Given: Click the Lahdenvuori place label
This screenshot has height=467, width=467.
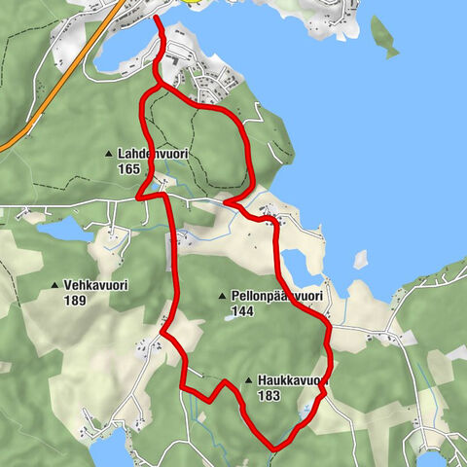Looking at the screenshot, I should point(152,155).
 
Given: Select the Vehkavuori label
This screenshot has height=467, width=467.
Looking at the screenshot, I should point(96,286).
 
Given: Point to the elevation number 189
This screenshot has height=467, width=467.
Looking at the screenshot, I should point(76,301).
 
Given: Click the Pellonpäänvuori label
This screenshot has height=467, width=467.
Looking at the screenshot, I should point(277,296).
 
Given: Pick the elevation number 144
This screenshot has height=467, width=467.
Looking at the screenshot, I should point(243,310).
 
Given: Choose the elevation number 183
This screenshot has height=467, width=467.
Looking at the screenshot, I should point(270,396).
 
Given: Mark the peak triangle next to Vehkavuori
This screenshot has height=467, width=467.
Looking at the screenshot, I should point(54,286).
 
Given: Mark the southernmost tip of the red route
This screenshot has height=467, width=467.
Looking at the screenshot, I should point(275,449).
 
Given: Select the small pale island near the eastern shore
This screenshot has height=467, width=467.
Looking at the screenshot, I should point(361,259).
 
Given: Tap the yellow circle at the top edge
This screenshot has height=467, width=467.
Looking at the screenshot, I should point(195,2).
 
